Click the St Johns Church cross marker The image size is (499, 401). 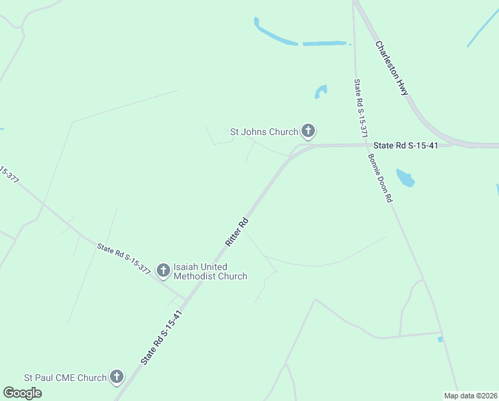point(308,132)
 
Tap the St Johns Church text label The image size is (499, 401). point(264,132)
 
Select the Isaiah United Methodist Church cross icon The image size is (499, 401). point(163,270)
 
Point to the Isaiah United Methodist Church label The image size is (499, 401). point(210,271)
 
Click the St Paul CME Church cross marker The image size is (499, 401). point(117,377)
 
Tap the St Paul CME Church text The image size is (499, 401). point(65,378)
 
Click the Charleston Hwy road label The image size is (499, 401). point(392,68)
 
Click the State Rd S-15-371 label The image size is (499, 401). point(361,108)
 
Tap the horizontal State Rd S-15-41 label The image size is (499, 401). point(405,146)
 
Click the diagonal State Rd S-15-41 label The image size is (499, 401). point(161,337)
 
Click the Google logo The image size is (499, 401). point(22,393)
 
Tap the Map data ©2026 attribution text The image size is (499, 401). point(470,396)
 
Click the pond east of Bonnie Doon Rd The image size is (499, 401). point(405,178)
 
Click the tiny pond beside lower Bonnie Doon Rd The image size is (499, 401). point(440,340)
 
